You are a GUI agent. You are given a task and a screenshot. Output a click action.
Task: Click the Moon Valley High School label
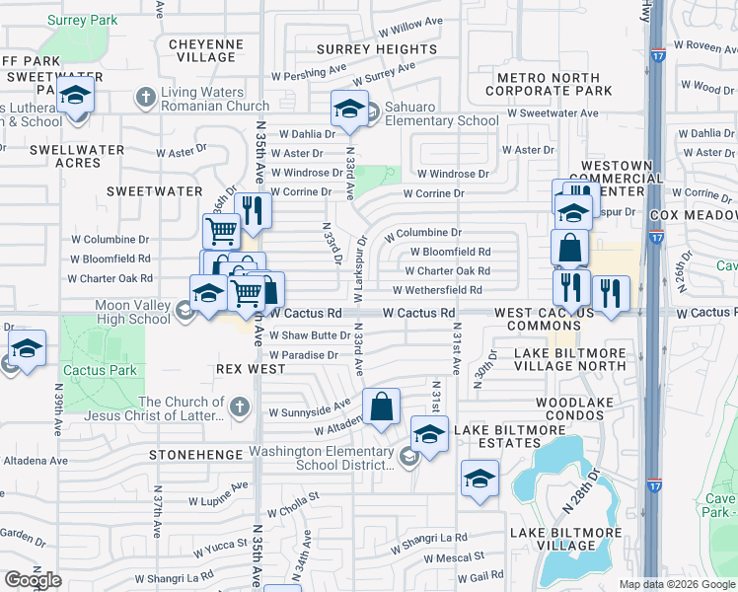click(133, 312)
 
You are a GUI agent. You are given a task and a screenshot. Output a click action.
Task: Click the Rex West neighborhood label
click(252, 369)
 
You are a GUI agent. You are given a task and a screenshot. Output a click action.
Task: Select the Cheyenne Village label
click(205, 50)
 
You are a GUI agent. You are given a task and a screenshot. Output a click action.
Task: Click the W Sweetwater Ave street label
click(552, 113)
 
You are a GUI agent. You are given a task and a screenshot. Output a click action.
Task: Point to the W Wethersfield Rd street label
click(436, 290)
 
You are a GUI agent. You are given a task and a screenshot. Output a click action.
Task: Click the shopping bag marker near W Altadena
click(382, 406)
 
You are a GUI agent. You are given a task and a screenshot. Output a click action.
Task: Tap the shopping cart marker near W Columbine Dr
click(223, 231)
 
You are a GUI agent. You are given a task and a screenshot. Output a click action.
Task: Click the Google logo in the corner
click(33, 579)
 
